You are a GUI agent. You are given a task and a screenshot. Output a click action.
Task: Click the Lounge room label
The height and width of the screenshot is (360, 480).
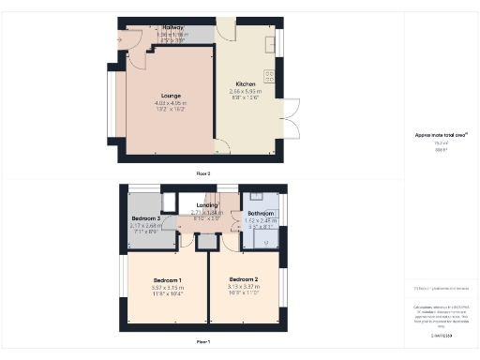pos(170,96)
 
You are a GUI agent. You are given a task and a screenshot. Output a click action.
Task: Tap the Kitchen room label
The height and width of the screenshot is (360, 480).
pos(246,84)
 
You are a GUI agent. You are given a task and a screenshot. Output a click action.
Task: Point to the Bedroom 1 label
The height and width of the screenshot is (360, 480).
pos(169,280)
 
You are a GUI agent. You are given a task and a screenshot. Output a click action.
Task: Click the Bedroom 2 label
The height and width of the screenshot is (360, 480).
pos(243,279)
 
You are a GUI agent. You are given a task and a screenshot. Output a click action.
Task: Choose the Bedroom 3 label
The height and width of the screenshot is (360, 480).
pos(146,218)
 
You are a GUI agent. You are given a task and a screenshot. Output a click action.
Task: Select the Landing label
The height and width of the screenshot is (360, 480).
pos(208,204)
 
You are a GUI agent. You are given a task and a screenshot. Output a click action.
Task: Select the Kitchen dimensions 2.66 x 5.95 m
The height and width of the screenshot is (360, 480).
pos(246,92)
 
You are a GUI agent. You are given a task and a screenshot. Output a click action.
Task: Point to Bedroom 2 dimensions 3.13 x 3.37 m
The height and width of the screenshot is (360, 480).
pos(243,287)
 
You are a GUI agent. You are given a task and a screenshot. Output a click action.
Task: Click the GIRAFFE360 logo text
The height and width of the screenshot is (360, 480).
pos(442,335)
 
